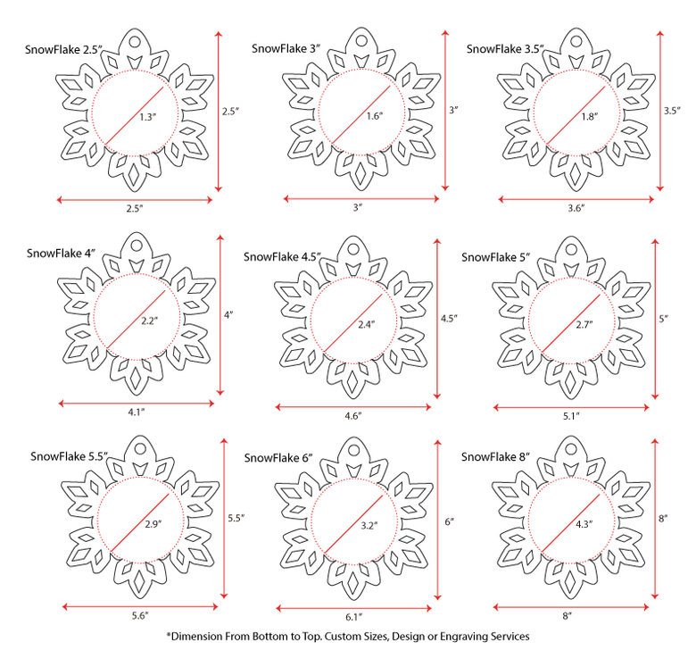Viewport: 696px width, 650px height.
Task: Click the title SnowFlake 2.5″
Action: point(63,49)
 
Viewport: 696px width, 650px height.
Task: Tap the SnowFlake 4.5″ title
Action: point(282,257)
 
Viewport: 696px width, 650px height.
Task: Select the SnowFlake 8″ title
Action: point(496,457)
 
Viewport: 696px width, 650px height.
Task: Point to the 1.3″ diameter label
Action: point(148,117)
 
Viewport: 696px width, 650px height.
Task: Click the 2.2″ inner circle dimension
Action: point(150,321)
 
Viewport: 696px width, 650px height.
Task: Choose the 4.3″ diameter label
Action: point(584,524)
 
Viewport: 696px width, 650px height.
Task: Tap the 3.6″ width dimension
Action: point(576,207)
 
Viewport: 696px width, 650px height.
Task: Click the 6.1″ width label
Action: point(353,617)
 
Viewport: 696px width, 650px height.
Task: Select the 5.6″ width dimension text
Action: point(140,616)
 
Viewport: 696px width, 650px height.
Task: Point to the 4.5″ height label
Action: point(449,318)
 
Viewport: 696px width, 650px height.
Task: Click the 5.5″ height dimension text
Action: point(236,518)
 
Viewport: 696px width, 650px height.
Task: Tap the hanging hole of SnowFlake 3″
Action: point(361,41)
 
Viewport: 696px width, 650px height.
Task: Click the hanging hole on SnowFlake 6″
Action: point(353,450)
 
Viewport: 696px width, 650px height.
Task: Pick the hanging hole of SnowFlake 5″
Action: point(571,250)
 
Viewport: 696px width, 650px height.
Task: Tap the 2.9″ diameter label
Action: point(153,524)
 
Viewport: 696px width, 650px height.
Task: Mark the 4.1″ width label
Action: point(137,412)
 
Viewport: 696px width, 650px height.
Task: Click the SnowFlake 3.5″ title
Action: point(505,49)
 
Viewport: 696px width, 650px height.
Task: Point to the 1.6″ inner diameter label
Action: point(375,116)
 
